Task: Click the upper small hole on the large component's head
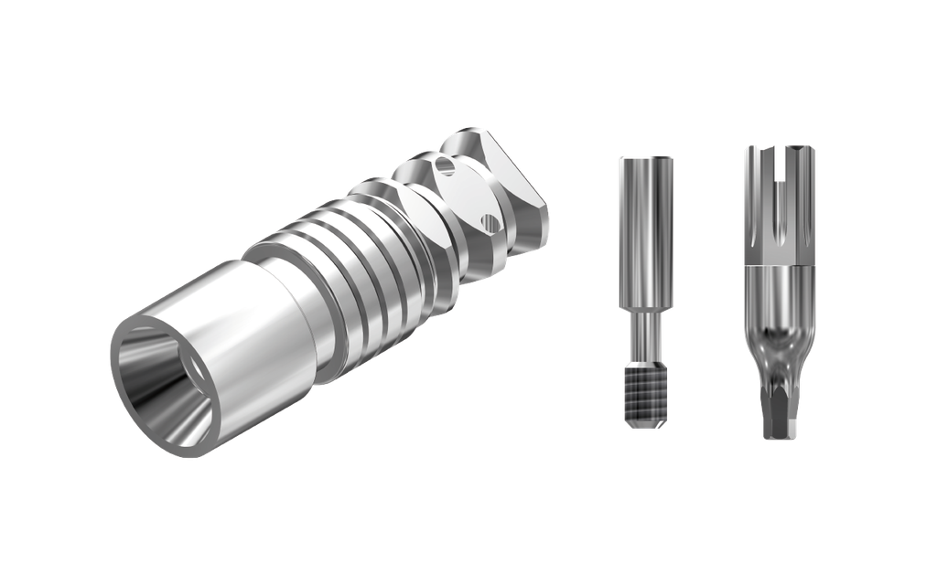point(446,167)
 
